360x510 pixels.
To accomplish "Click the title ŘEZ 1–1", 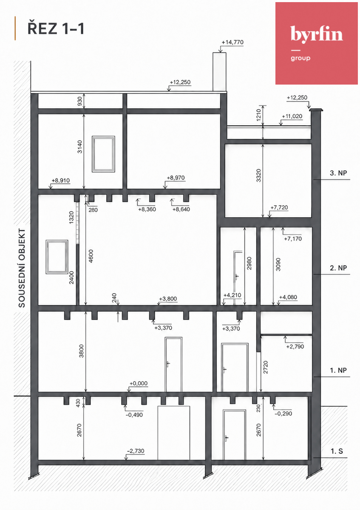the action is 56,29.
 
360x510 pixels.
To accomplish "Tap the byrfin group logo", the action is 317,43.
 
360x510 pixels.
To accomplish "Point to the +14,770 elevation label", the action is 232,42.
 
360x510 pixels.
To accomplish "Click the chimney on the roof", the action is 219,72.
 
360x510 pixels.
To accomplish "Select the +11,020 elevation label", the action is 292,116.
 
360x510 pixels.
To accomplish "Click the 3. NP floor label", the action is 338,173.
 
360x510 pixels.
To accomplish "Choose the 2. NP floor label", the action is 338,268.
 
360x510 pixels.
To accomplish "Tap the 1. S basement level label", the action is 337,451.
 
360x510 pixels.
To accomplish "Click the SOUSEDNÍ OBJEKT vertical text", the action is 22,268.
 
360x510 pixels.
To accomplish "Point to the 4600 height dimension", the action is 91,256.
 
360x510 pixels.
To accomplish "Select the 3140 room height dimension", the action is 80,147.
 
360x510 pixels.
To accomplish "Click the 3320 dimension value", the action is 258,176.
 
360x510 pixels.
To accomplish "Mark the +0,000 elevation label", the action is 139,383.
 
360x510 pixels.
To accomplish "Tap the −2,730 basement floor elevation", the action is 136,451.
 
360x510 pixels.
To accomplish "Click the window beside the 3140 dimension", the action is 103,154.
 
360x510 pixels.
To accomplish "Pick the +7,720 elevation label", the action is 279,208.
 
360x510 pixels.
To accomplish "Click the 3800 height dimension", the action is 81,351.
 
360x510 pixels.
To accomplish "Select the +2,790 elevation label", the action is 295,347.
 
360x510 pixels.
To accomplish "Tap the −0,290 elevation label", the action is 283,414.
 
